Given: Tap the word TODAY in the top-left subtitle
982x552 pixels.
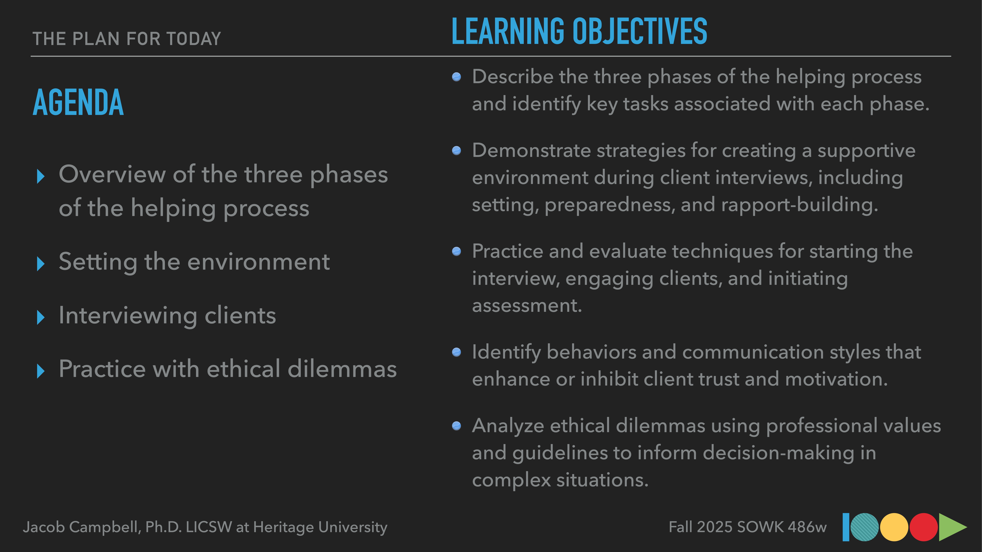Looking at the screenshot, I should (x=194, y=39).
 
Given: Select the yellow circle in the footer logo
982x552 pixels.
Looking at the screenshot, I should (x=894, y=527).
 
